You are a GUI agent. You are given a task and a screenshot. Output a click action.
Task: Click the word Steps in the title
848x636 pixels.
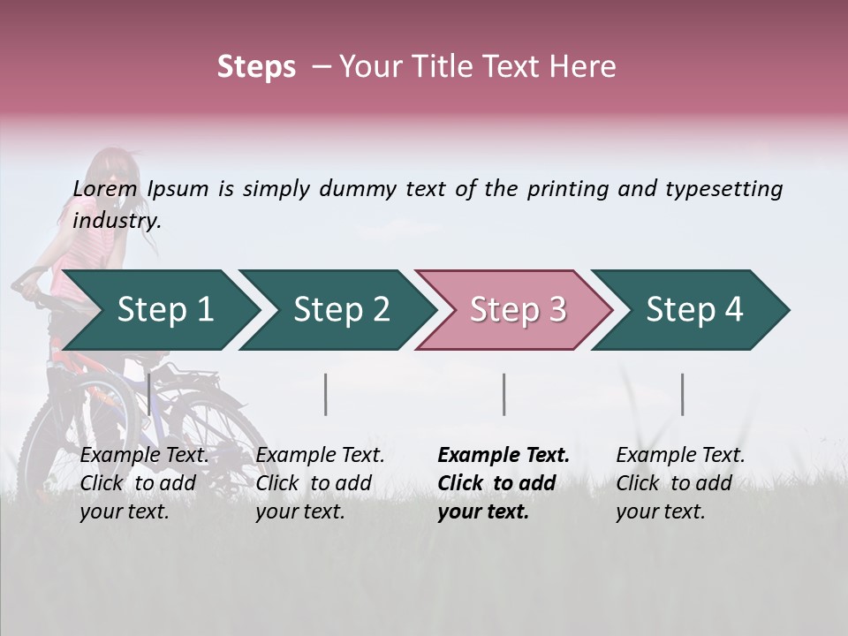click(x=256, y=67)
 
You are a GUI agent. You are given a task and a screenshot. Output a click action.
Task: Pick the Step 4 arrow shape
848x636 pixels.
click(x=688, y=310)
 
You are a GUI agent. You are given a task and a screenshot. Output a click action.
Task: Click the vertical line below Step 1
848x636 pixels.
click(x=149, y=394)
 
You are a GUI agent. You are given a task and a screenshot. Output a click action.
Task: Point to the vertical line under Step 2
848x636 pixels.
click(x=326, y=394)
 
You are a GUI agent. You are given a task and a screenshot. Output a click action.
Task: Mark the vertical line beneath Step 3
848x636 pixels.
click(x=504, y=394)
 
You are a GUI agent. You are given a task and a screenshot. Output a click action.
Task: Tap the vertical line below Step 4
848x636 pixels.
click(x=682, y=394)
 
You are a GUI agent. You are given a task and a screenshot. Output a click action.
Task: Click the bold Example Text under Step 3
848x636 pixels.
click(x=503, y=456)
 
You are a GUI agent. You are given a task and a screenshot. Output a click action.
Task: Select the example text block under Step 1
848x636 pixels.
click(x=144, y=483)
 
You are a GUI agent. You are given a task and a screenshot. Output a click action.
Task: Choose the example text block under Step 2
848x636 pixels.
click(x=320, y=483)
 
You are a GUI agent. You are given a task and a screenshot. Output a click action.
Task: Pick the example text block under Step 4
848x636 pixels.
click(x=680, y=483)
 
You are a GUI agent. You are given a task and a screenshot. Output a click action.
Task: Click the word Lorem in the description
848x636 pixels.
click(x=105, y=189)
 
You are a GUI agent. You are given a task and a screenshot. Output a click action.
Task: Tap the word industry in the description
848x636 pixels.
click(x=116, y=221)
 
